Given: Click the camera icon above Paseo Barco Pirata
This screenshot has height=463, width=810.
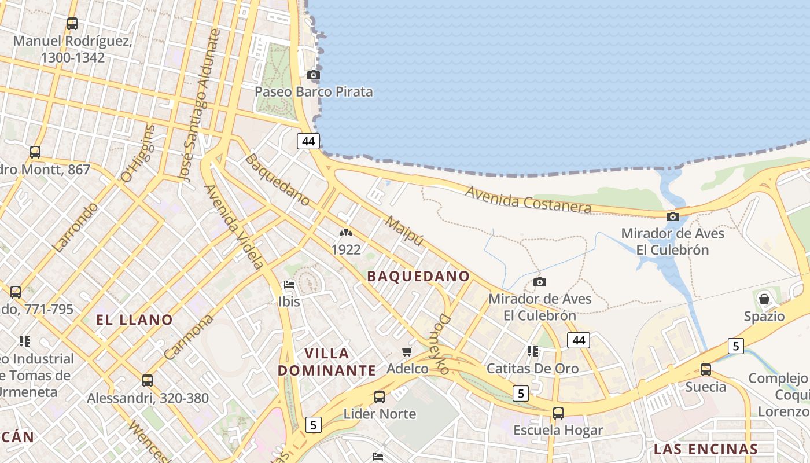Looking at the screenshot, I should (x=314, y=75).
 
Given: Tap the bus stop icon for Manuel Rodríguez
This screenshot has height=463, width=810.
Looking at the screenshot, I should (x=72, y=24).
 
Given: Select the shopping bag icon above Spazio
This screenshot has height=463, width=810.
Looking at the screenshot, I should (x=764, y=299).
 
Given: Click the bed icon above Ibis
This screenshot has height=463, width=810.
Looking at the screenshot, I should (x=289, y=284).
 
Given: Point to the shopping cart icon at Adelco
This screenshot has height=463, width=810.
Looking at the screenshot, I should (x=407, y=351).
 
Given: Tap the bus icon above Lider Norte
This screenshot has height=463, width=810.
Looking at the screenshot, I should (x=380, y=397).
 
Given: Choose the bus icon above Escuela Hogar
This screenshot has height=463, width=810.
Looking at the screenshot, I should (x=558, y=413).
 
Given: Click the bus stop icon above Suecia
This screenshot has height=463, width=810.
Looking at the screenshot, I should (x=706, y=369).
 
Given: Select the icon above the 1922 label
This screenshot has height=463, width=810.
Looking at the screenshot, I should (x=346, y=233).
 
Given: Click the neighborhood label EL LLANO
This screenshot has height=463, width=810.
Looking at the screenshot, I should (x=135, y=319).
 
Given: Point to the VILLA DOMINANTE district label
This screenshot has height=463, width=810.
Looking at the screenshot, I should (x=327, y=362).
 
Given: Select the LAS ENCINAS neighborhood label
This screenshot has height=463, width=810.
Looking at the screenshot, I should (x=706, y=449).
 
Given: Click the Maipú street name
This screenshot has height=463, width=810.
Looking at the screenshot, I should (x=404, y=231).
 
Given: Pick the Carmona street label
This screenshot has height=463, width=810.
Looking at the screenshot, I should (x=189, y=337).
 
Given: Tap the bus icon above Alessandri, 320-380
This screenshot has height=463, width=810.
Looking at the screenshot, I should (x=148, y=381).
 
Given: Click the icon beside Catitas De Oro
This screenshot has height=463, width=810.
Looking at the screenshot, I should (x=533, y=351).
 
